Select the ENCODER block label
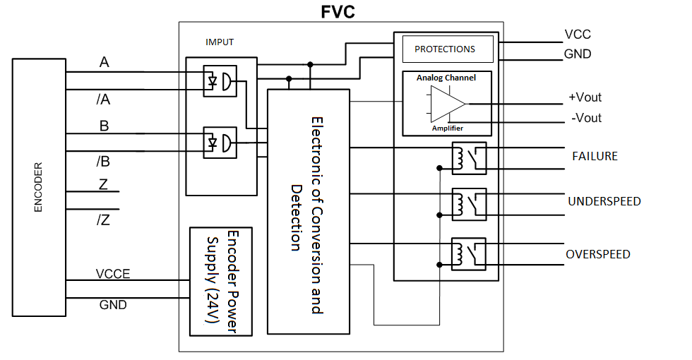coord(38,188)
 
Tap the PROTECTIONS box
coord(444,49)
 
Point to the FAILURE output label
coord(595,156)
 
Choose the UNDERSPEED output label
coord(604,202)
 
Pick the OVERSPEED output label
coord(597,254)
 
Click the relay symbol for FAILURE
coord(469,158)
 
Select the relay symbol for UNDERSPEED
coord(469,205)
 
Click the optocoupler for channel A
coord(220,81)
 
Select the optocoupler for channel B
coord(220,142)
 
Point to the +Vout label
coord(585,97)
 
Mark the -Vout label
coord(586,118)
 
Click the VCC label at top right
coord(577,34)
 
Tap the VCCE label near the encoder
coord(113,274)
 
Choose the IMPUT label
coord(219,42)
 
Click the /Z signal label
coord(102,219)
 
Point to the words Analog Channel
coord(446,78)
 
